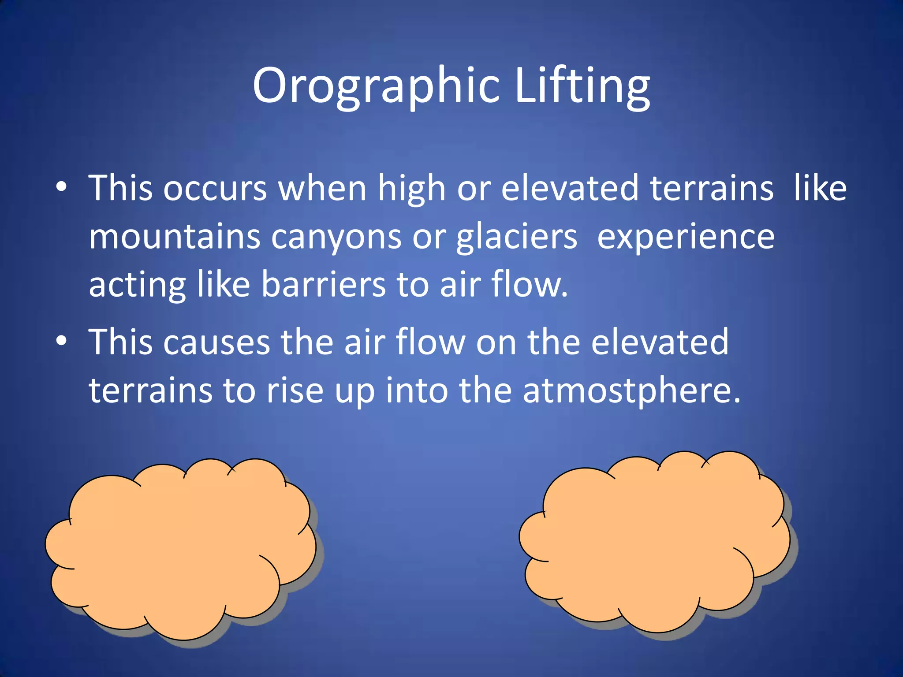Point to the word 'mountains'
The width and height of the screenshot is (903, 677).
coord(175,237)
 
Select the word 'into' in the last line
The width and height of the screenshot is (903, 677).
coord(417,390)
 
